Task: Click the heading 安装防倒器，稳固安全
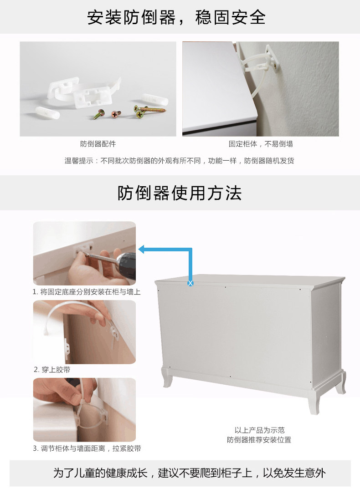pos(176,17)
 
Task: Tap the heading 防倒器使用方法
pos(180,193)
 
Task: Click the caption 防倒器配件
pos(98,144)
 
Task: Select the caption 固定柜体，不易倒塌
pos(261,144)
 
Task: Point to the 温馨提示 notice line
pos(180,161)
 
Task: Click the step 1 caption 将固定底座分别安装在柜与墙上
pos(87,292)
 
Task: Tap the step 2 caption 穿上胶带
pos(52,370)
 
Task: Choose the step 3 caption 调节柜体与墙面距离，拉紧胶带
pos(87,448)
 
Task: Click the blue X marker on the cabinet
pos(190,283)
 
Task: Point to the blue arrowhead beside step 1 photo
pos(141,250)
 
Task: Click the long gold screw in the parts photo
pos(151,110)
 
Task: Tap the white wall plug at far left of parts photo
pos(47,113)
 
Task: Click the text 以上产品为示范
pos(259,430)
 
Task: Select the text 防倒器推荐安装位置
pos(259,440)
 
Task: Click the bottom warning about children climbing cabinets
pos(190,473)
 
